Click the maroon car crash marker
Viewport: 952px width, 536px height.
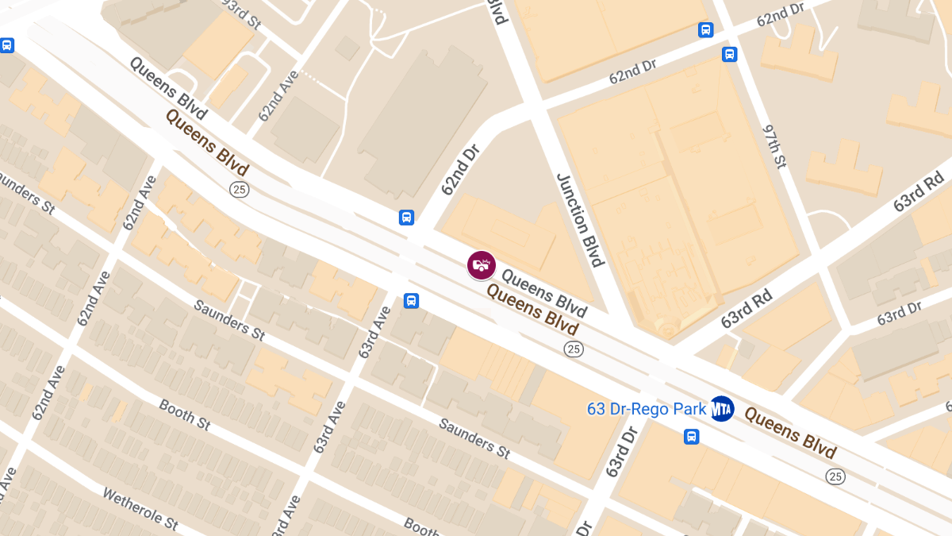[481, 265]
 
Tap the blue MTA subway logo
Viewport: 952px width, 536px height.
[722, 408]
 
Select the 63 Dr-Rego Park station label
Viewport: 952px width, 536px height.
[646, 409]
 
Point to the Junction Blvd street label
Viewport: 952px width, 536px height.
[581, 220]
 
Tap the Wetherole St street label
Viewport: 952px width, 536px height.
[140, 508]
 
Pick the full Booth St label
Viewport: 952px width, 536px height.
[184, 415]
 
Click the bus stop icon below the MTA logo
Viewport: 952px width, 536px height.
[692, 436]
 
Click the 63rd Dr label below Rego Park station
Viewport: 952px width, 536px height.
[622, 452]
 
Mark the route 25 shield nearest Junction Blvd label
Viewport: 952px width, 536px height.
[574, 349]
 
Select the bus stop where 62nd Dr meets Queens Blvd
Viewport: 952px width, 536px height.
[406, 217]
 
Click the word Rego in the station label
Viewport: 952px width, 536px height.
[669, 409]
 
